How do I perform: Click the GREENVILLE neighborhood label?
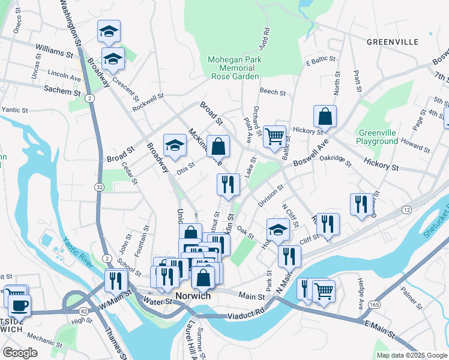[393, 42]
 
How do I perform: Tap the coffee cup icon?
[19, 305]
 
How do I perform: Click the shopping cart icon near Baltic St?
[274, 136]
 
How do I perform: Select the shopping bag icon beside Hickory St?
[325, 116]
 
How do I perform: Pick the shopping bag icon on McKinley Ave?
[218, 146]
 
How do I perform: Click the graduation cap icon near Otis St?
[175, 145]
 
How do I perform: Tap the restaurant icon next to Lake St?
[228, 184]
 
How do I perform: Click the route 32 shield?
[98, 187]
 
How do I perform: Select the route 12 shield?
[407, 209]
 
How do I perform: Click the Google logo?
[20, 353]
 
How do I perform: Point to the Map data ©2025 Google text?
[411, 355]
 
